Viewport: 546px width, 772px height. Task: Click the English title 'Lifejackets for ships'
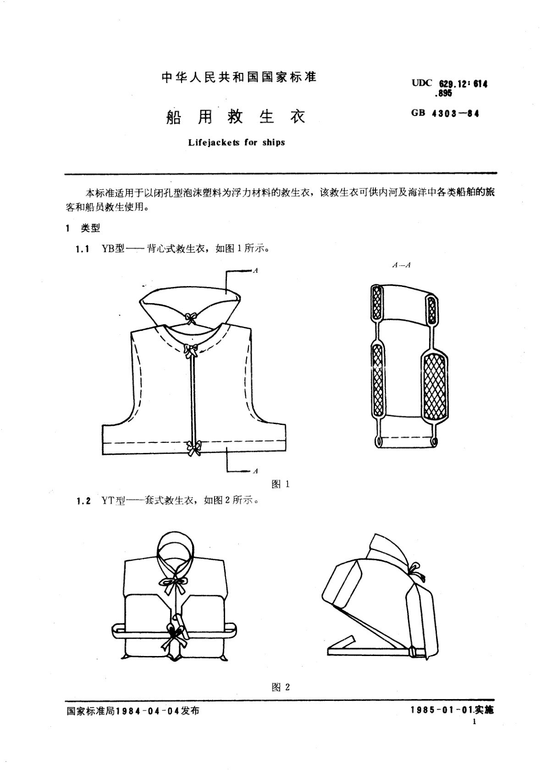237,143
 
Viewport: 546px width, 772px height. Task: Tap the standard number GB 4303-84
445,114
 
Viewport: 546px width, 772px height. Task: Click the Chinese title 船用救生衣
235,117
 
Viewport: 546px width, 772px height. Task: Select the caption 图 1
280,484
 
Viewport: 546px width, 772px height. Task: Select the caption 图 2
281,687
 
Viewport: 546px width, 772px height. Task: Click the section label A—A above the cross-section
401,265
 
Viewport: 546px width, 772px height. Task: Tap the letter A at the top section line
256,271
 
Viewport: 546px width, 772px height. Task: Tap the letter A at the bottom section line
256,471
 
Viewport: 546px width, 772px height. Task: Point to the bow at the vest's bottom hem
193,447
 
